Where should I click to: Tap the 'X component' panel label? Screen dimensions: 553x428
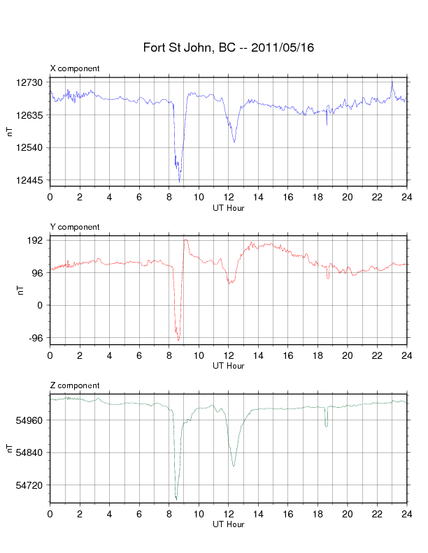[x=75, y=68]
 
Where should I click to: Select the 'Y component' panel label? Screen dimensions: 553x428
[x=75, y=227]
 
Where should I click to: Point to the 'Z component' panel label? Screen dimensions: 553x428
[x=75, y=385]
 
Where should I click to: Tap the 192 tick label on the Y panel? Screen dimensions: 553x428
[x=35, y=240]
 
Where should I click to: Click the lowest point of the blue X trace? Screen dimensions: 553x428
[x=180, y=182]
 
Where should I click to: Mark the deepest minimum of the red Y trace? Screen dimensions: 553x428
[x=179, y=341]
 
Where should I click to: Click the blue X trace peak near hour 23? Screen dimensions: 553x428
[x=392, y=81]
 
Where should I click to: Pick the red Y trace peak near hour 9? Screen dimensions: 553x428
[x=185, y=239]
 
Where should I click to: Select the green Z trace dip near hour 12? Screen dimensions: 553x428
[x=234, y=466]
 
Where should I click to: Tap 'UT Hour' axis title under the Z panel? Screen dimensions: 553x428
[x=228, y=524]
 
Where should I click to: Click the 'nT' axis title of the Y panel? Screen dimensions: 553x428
[x=10, y=289]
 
